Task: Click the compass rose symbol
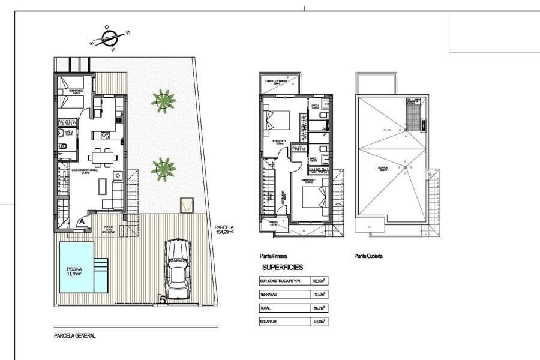(109, 38)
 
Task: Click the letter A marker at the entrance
(80, 221)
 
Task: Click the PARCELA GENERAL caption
(75, 337)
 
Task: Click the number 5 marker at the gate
(161, 299)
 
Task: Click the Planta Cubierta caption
(368, 256)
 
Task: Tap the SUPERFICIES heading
(283, 268)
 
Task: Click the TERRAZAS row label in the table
(269, 295)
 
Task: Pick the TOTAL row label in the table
(266, 308)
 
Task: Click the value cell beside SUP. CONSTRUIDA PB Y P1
(319, 280)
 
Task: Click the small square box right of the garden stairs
(187, 204)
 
